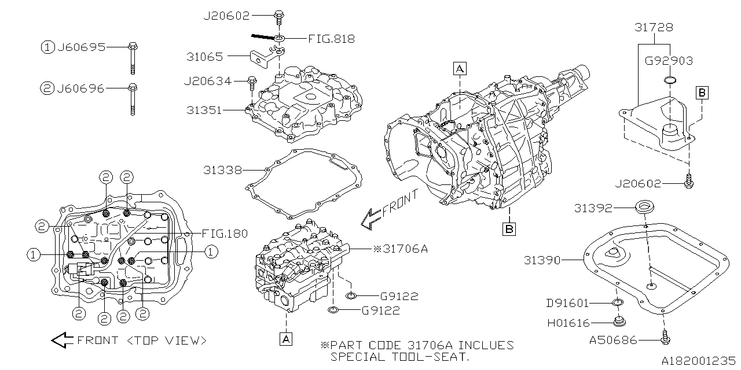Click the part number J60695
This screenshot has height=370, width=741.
point(81,47)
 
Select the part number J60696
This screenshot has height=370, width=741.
point(81,88)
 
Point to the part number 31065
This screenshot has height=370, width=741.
point(204,57)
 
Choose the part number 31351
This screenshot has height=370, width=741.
point(204,109)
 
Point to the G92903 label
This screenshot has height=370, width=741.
point(669,60)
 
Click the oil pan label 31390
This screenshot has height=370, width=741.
point(542,260)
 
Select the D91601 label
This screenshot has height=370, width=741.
point(567,302)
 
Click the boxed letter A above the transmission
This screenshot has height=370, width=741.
point(460,69)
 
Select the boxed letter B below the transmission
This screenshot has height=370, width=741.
point(509,228)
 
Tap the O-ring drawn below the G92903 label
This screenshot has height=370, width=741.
point(669,79)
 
